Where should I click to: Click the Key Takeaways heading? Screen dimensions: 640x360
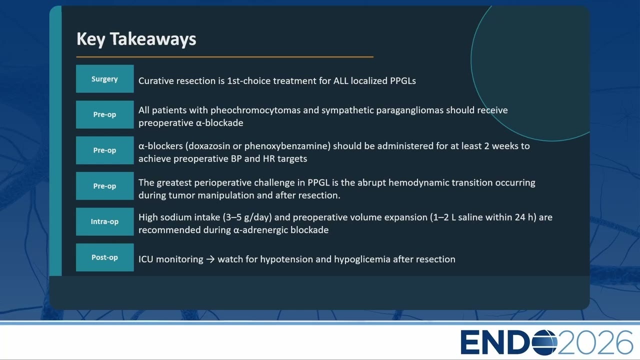(x=136, y=39)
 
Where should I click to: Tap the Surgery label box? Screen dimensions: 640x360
(x=105, y=79)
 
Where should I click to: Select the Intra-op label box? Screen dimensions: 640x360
(x=105, y=221)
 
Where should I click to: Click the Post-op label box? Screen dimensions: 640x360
(x=105, y=257)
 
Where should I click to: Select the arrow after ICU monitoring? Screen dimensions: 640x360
(x=210, y=259)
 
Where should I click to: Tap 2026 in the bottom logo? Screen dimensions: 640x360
(x=595, y=342)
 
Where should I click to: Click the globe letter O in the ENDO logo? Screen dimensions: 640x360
(x=544, y=342)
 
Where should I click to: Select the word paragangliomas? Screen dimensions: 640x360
(x=409, y=110)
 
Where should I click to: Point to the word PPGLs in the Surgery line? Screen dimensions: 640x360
(x=403, y=81)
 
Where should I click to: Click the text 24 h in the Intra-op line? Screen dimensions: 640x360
(x=525, y=217)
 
